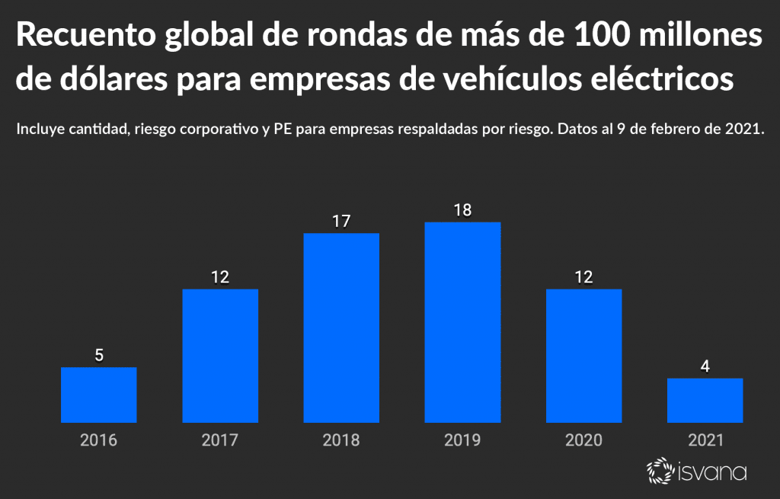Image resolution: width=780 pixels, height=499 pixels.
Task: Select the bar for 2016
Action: (99, 395)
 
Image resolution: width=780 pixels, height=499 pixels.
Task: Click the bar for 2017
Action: (220, 356)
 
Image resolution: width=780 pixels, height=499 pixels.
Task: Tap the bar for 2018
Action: (341, 328)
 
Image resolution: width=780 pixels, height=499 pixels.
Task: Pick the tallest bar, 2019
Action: (462, 322)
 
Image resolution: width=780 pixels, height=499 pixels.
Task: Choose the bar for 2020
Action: (584, 356)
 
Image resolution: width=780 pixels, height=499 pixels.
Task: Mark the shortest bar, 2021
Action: (705, 400)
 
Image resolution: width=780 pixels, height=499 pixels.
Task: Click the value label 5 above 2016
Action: (99, 354)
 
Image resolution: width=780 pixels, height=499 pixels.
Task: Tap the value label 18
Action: (462, 210)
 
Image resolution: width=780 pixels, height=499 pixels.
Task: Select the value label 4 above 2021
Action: (705, 366)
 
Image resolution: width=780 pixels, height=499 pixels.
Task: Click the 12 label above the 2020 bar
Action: (584, 277)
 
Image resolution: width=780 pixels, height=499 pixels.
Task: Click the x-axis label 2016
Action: (99, 440)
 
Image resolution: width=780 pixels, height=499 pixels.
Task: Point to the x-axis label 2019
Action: (462, 440)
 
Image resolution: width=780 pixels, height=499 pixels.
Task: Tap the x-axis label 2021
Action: (705, 440)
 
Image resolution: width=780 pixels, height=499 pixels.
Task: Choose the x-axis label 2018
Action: (341, 440)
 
